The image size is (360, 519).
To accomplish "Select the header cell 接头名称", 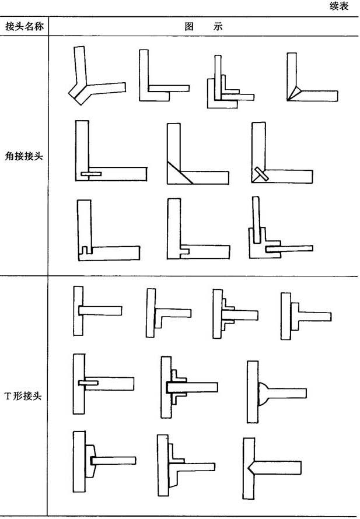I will coord(24,27).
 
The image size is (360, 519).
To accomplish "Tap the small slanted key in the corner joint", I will coord(259,174).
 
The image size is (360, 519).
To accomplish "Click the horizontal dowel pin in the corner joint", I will coord(91,174).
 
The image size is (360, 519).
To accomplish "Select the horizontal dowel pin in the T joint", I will coord(88,383).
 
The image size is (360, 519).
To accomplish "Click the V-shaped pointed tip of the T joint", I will coord(250,467).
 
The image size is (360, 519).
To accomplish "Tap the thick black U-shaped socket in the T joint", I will coord(172,386).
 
